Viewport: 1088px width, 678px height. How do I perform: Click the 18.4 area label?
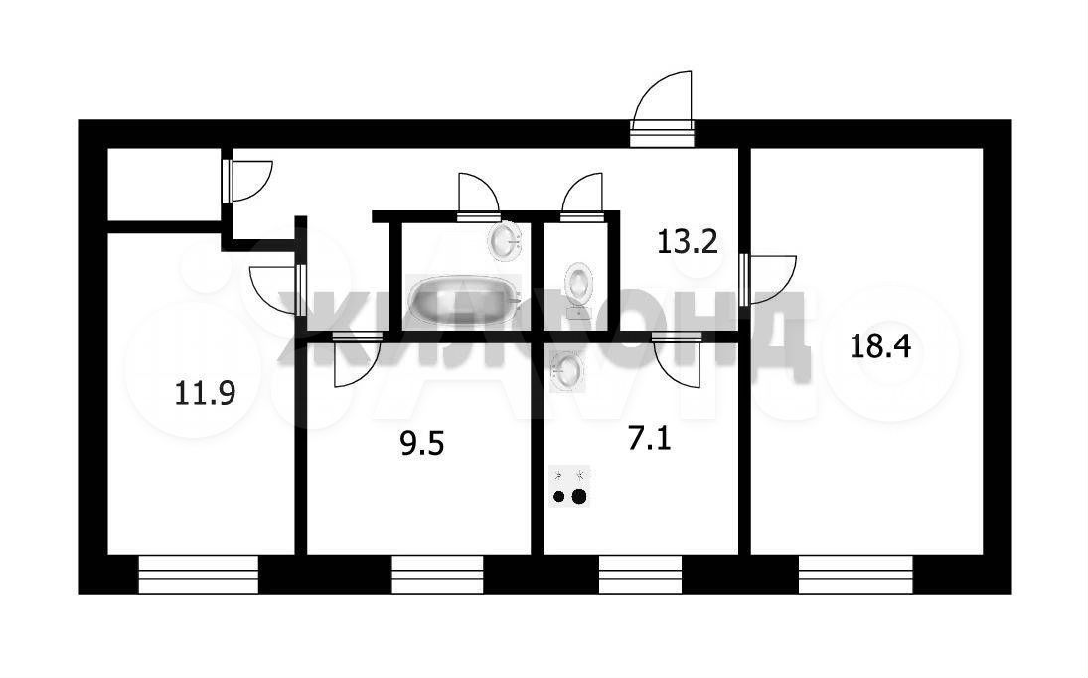click(879, 345)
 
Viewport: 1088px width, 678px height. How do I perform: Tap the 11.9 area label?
click(205, 394)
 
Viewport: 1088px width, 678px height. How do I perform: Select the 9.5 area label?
click(422, 443)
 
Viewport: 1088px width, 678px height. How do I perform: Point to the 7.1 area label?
click(650, 438)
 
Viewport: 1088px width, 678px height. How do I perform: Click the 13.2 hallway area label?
click(687, 242)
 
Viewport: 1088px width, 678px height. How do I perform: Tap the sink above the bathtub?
click(505, 240)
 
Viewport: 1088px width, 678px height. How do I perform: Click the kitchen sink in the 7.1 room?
click(567, 371)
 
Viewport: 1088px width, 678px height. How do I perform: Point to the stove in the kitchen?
click(569, 486)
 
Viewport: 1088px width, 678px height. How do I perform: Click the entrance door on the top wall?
click(663, 111)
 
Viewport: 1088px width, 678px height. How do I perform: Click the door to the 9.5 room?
click(358, 359)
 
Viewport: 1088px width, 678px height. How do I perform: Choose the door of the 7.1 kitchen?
click(678, 359)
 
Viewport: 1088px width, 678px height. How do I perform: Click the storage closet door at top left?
click(247, 181)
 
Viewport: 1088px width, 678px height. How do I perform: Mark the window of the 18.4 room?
click(855, 574)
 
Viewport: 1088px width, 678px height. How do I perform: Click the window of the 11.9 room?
click(199, 574)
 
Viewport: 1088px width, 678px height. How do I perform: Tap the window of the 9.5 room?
click(437, 574)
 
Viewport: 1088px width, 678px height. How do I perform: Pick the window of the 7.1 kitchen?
click(641, 574)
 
